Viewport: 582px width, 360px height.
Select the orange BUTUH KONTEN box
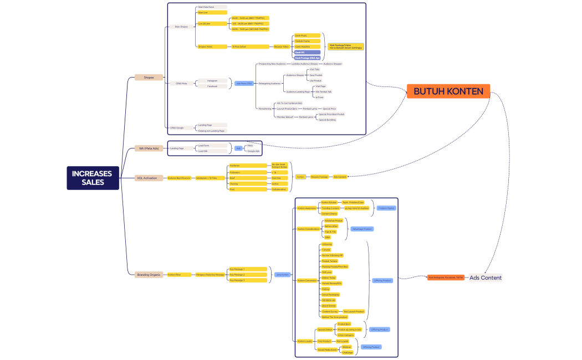coord(448,91)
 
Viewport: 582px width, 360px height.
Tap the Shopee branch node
coord(149,78)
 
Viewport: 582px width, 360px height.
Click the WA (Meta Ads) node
coord(148,148)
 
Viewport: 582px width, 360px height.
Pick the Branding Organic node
coord(149,274)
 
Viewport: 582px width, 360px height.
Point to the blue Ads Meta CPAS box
coord(244,83)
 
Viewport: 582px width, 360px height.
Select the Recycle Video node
coord(282,47)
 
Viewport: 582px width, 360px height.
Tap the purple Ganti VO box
coord(307,52)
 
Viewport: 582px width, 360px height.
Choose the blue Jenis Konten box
coord(282,274)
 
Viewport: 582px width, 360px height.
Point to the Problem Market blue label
coord(386,208)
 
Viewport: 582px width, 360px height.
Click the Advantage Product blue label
coord(362,229)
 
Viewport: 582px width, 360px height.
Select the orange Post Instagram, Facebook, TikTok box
coord(446,277)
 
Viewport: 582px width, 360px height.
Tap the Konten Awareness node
coord(305,208)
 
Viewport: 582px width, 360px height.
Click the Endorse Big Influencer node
coord(179,178)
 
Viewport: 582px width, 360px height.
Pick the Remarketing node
coord(265,109)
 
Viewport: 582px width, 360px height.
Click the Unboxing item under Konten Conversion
coord(327,244)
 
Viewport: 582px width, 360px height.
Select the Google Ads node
coord(253,151)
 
